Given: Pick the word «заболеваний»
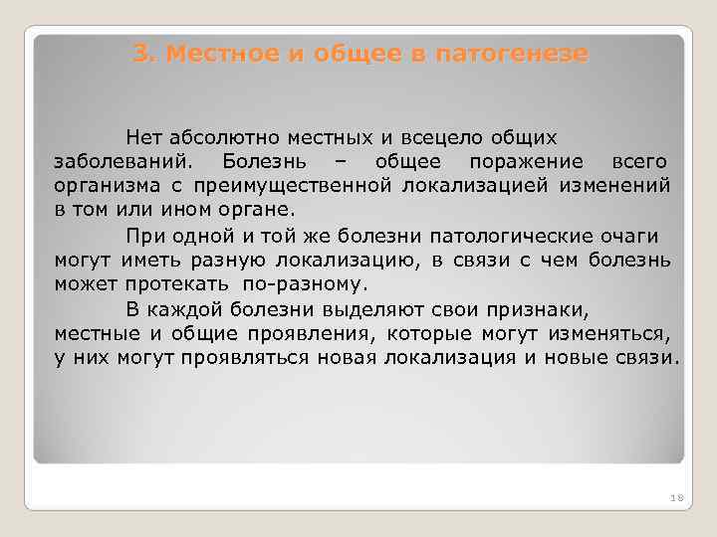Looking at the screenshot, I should (x=126, y=161).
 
